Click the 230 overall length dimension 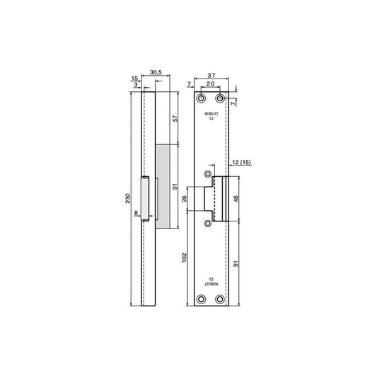(128, 198)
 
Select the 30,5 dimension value (156, 72)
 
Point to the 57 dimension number (175, 118)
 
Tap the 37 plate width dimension (211, 76)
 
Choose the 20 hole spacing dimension (210, 83)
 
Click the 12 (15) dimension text (242, 163)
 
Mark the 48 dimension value (236, 199)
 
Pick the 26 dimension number (184, 199)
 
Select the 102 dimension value (184, 257)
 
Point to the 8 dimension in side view (136, 213)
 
